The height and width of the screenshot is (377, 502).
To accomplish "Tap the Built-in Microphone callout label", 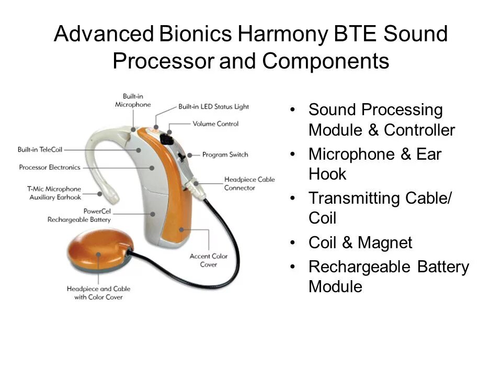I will (x=133, y=101).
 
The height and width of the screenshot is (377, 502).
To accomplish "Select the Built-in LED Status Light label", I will (x=213, y=107).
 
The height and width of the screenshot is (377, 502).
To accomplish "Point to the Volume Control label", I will (x=215, y=124).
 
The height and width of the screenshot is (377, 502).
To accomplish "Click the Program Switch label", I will (x=225, y=154).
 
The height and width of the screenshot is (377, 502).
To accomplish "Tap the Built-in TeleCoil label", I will (x=40, y=150).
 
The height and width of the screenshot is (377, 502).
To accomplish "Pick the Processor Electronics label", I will (x=50, y=168).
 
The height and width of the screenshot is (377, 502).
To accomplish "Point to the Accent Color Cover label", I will (x=209, y=260).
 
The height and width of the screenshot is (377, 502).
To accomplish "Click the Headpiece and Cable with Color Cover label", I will (x=98, y=293).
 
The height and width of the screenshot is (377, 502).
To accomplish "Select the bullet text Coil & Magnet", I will (x=360, y=243).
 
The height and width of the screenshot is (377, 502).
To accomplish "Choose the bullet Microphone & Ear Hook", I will (x=375, y=164).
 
